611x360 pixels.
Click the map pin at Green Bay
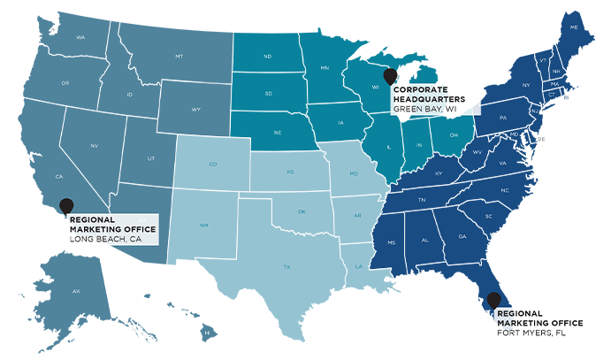[x=390, y=76]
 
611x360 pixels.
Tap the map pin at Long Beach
[x=66, y=205]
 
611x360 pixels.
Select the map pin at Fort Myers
[x=493, y=300]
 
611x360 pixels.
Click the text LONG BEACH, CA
[x=105, y=239]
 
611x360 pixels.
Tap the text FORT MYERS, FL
[x=531, y=333]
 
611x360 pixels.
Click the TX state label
[x=286, y=266]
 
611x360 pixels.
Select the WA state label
[x=80, y=37]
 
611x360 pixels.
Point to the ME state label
[x=574, y=27]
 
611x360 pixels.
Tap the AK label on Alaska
[x=76, y=291]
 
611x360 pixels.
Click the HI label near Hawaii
[x=205, y=333]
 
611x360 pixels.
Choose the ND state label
[x=268, y=57]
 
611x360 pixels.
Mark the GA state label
[x=462, y=236]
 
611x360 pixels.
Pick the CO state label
[x=212, y=164]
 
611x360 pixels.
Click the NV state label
[x=95, y=145]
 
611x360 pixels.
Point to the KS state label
[x=290, y=172]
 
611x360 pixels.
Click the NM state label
[x=204, y=225]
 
